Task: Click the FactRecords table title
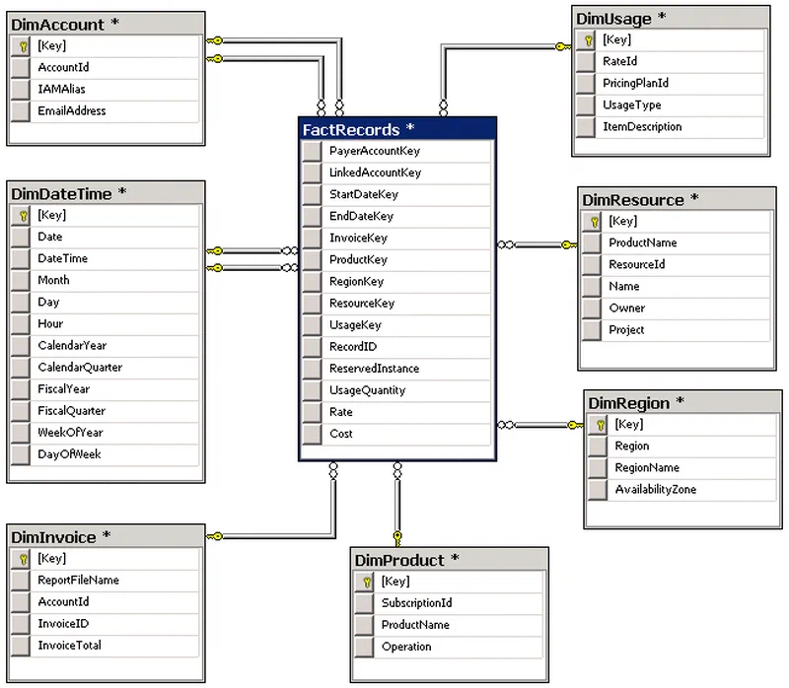pos(351,130)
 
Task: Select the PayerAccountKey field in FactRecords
pos(375,151)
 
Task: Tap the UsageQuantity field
pos(367,390)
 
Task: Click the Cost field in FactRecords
pos(340,434)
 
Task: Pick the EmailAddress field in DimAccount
pos(71,110)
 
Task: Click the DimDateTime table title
pos(61,193)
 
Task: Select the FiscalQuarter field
pos(71,411)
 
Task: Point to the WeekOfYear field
pos(70,433)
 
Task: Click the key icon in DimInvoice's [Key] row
pos(23,559)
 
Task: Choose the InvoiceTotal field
pos(69,646)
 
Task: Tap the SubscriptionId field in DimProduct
pos(416,603)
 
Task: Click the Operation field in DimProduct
pos(406,647)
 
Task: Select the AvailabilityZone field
pos(655,489)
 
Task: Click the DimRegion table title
pos(629,403)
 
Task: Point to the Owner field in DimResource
pos(626,308)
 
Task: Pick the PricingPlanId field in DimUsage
pos(635,83)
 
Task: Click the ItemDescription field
pos(642,127)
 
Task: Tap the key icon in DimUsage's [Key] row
pos(588,40)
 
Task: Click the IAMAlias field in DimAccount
pos(61,89)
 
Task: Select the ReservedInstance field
pos(374,369)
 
